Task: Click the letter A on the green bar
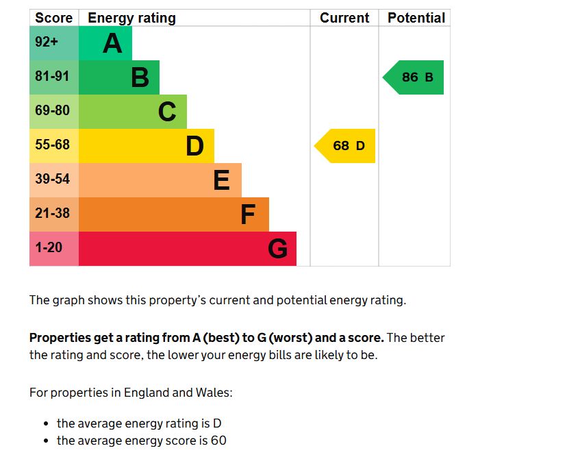click(x=112, y=44)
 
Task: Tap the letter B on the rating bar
click(x=140, y=77)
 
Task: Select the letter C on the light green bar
click(x=167, y=112)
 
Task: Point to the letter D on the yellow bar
click(x=194, y=146)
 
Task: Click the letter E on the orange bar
click(x=221, y=180)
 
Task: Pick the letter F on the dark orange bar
click(x=248, y=215)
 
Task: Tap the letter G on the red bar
click(x=277, y=249)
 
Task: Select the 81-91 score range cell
click(x=53, y=77)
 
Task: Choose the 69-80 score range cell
click(x=53, y=111)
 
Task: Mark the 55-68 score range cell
click(x=53, y=145)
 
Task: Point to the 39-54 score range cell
click(x=53, y=180)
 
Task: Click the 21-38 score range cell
click(x=53, y=214)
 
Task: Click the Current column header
click(x=344, y=18)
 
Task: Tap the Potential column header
click(x=416, y=18)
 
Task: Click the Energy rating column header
click(x=131, y=18)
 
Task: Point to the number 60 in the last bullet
click(x=218, y=441)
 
